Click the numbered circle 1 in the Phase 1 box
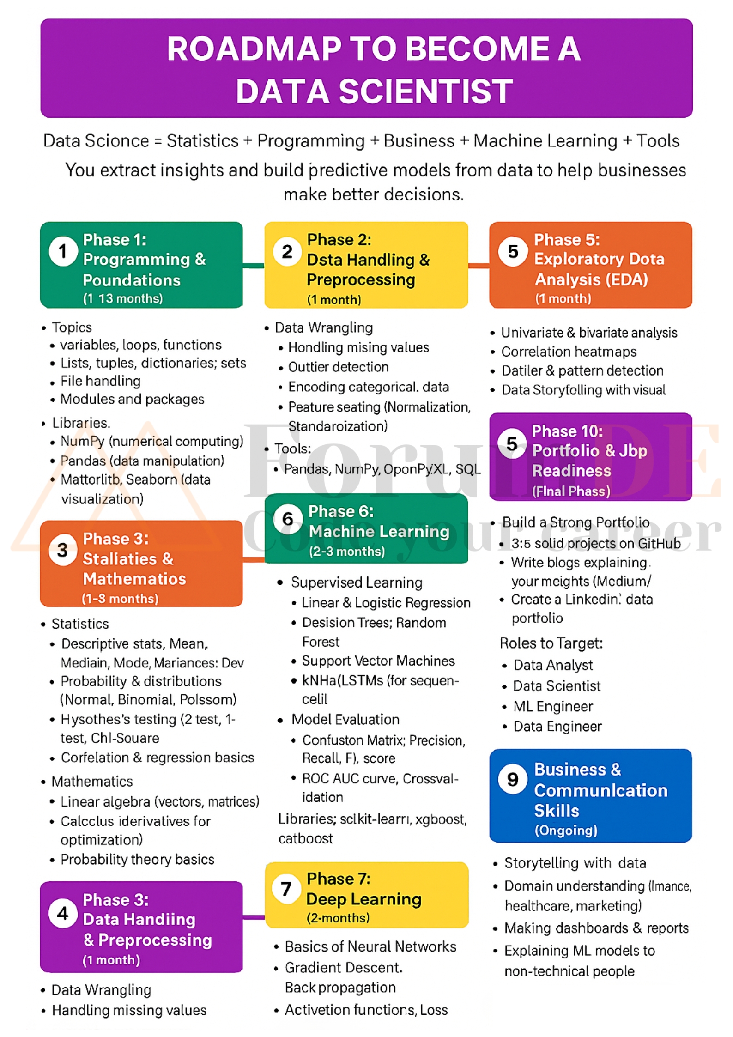coord(63,251)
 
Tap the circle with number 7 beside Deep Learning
coord(286,888)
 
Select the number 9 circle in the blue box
coord(513,780)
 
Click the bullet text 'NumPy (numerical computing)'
coord(151,442)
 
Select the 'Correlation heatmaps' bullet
coord(569,352)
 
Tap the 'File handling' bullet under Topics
coord(100,381)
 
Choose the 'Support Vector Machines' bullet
coord(378,661)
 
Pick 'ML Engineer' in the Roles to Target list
coord(553,706)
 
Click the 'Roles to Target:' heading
coord(551,643)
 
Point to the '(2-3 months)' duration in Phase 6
coord(346,552)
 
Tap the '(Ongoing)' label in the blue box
coord(566,831)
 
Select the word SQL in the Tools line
coord(468,469)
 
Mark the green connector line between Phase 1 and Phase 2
coord(253,266)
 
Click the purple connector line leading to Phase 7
coord(254,917)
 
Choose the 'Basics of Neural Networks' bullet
coord(370,946)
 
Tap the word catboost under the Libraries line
coord(305,838)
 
